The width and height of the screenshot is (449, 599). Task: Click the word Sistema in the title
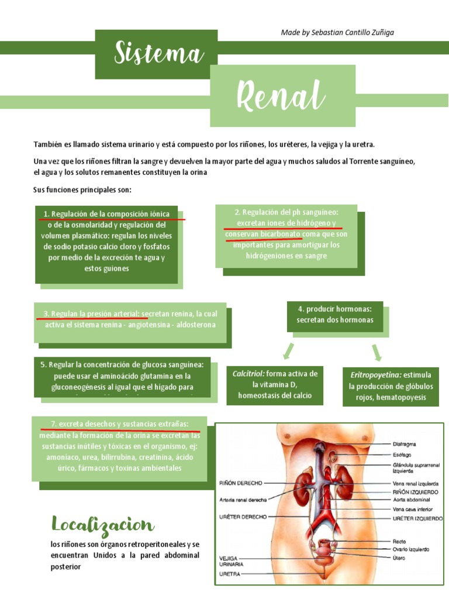pyautogui.click(x=158, y=54)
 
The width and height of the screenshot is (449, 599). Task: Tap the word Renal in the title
pyautogui.click(x=281, y=95)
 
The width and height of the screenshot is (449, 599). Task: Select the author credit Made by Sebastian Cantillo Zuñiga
pyautogui.click(x=337, y=33)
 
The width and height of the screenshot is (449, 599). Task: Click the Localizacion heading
pyautogui.click(x=102, y=525)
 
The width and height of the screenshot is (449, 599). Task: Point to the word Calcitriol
pyautogui.click(x=248, y=373)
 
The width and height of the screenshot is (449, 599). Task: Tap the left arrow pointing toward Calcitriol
pyautogui.click(x=288, y=351)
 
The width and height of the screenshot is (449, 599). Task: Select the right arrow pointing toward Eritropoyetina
pyautogui.click(x=377, y=352)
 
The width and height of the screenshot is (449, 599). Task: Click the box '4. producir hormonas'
pyautogui.click(x=334, y=314)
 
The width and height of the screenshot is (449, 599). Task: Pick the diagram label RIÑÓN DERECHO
pyautogui.click(x=240, y=483)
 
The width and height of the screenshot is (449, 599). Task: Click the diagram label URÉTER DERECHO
pyautogui.click(x=243, y=517)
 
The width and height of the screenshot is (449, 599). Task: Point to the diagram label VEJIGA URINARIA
pyautogui.click(x=232, y=562)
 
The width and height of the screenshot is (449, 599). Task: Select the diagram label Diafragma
pyautogui.click(x=406, y=443)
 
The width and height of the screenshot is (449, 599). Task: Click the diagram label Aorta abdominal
pyautogui.click(x=411, y=500)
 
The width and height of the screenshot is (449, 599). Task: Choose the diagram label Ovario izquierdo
pyautogui.click(x=411, y=549)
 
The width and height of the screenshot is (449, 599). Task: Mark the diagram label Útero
pyautogui.click(x=400, y=557)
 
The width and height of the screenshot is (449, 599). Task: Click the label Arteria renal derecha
pyautogui.click(x=243, y=500)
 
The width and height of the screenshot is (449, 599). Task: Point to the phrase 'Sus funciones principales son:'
pyautogui.click(x=83, y=190)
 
